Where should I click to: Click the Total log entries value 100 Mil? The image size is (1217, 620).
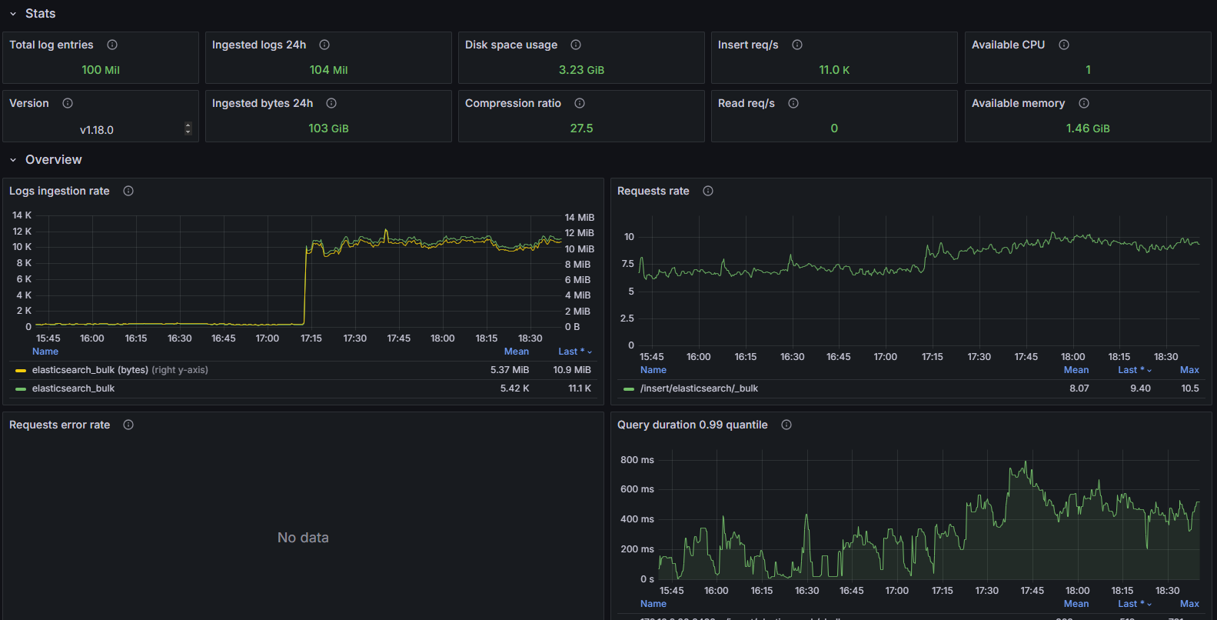[x=101, y=70]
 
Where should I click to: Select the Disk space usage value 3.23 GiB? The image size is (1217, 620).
[x=581, y=70]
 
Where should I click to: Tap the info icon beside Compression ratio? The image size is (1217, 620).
[x=580, y=103]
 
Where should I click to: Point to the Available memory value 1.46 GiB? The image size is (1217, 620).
[x=1087, y=128]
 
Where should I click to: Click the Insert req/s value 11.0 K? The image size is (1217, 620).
[x=834, y=70]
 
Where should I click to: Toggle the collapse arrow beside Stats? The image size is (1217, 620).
[x=13, y=14]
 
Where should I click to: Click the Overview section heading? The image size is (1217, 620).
[x=53, y=160]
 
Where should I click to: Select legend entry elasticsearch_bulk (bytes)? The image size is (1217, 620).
[x=90, y=370]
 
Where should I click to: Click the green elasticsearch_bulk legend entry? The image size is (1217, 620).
[x=73, y=388]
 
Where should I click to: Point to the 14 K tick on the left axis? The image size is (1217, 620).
[x=22, y=215]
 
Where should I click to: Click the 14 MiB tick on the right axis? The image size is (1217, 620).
[x=579, y=218]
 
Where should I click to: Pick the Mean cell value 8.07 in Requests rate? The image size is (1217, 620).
[x=1079, y=388]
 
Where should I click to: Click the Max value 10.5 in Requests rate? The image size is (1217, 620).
[x=1189, y=388]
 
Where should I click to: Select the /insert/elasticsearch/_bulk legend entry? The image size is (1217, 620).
[x=699, y=388]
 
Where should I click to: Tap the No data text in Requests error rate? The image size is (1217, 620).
[x=303, y=538]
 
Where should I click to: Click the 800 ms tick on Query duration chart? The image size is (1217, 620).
[x=637, y=460]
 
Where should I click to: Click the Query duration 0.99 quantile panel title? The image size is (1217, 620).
[x=692, y=425]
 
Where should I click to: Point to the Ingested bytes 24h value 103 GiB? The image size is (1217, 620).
[x=328, y=128]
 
